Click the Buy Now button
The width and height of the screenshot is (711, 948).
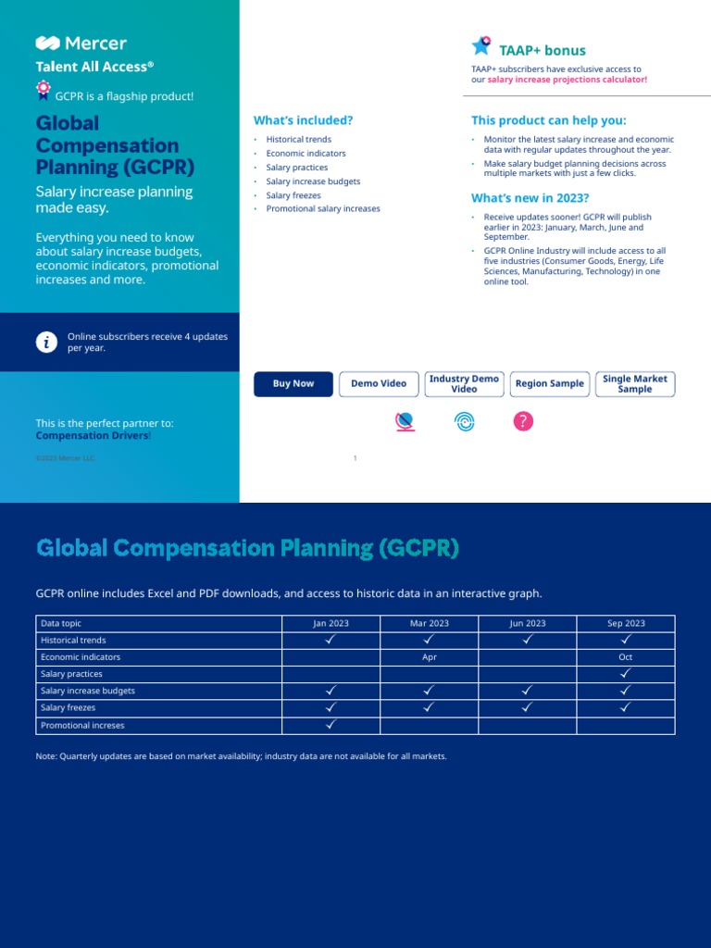coord(293,384)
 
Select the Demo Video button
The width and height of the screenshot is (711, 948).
coord(379,384)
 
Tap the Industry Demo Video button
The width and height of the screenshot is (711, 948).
coord(464,384)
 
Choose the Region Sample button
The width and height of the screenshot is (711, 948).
coord(550,384)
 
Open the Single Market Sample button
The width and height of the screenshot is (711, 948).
coord(635,384)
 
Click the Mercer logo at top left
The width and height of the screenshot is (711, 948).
coord(81,44)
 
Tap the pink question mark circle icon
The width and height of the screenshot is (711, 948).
coord(523,422)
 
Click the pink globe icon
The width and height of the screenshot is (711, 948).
coord(405,422)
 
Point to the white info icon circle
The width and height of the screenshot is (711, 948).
coord(46,343)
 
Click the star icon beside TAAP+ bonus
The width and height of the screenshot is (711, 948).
coord(481,46)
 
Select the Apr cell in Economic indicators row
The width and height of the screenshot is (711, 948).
coord(430,657)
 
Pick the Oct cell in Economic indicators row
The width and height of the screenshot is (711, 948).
coord(626,657)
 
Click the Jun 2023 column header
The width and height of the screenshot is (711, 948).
coord(528,624)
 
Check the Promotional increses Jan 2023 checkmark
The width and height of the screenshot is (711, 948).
coord(331,726)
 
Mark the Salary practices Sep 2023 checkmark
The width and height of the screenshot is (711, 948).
coord(626,674)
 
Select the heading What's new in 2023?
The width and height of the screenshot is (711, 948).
coord(530,198)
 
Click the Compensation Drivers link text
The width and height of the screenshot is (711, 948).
coord(92,435)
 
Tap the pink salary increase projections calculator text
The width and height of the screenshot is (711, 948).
coord(568,81)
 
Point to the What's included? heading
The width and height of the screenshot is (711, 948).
coord(303,120)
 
